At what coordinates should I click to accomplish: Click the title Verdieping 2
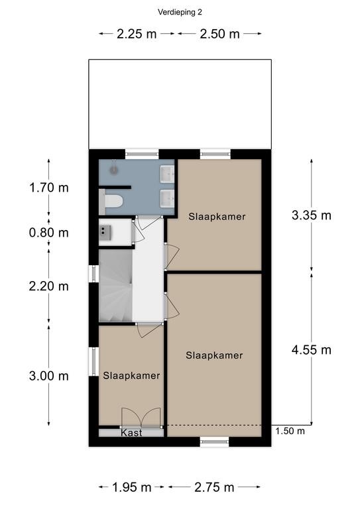click(180, 13)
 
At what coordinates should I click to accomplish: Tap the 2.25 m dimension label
click(137, 34)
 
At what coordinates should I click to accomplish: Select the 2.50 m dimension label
click(219, 34)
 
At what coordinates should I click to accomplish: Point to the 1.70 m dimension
click(49, 188)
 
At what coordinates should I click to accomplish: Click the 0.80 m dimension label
click(49, 233)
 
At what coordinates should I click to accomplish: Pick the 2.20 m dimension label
click(49, 286)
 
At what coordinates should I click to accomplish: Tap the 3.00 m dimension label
click(49, 376)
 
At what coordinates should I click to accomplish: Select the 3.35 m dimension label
click(312, 215)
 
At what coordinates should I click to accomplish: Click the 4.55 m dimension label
click(312, 350)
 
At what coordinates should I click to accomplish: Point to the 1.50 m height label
click(290, 431)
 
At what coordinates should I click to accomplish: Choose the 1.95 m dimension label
click(132, 487)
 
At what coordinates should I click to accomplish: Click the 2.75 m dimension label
click(214, 487)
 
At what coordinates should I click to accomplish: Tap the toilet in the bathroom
click(111, 201)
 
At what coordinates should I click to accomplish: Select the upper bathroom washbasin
click(168, 174)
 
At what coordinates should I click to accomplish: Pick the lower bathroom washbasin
click(168, 198)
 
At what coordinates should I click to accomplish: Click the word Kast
click(131, 433)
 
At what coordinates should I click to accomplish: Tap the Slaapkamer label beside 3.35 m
click(217, 217)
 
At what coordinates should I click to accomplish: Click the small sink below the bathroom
click(105, 233)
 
